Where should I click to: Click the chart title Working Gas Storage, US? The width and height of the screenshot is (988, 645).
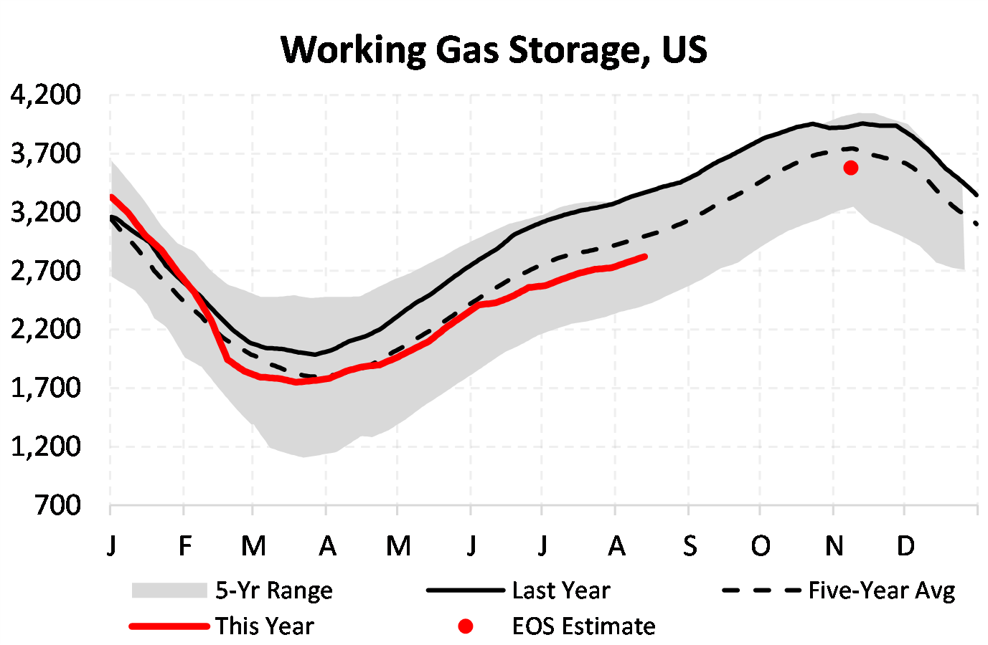[x=494, y=50]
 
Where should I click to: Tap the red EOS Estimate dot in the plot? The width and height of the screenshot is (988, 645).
[x=850, y=168]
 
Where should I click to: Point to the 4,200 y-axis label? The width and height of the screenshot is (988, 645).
[x=46, y=95]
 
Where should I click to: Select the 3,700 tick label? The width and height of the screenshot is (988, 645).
[x=46, y=153]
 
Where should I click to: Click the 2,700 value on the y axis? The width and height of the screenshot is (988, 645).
[x=46, y=271]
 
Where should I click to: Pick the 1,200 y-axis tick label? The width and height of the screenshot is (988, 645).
[x=46, y=446]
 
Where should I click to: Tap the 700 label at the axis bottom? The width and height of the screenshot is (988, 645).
[x=57, y=505]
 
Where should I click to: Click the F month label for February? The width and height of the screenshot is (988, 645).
[x=184, y=546]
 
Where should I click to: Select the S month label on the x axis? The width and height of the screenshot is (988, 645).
[x=690, y=546]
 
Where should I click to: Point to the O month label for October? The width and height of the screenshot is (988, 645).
[x=761, y=546]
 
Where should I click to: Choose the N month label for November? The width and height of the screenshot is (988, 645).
[x=834, y=546]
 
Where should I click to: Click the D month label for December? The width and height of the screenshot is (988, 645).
[x=905, y=546]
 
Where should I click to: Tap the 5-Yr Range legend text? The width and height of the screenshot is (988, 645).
[x=274, y=591]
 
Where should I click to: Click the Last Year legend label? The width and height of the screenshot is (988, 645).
[x=560, y=591]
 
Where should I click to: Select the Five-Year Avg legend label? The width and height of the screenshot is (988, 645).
[x=882, y=591]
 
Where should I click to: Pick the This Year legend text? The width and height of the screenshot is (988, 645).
[x=265, y=626]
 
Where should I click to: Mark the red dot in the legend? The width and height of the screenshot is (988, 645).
[x=466, y=626]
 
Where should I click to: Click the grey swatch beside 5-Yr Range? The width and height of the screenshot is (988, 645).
[x=169, y=591]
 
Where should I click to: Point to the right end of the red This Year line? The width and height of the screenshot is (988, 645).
[x=645, y=257]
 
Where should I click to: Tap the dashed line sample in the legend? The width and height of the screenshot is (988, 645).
[x=761, y=591]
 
